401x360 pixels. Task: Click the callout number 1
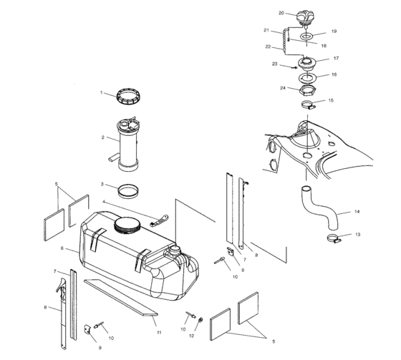pos(102,92)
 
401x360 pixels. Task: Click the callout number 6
pos(63,248)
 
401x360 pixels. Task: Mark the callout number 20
pos(281,13)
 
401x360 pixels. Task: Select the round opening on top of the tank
pos(127,226)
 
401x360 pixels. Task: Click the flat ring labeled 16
pos(309,75)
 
